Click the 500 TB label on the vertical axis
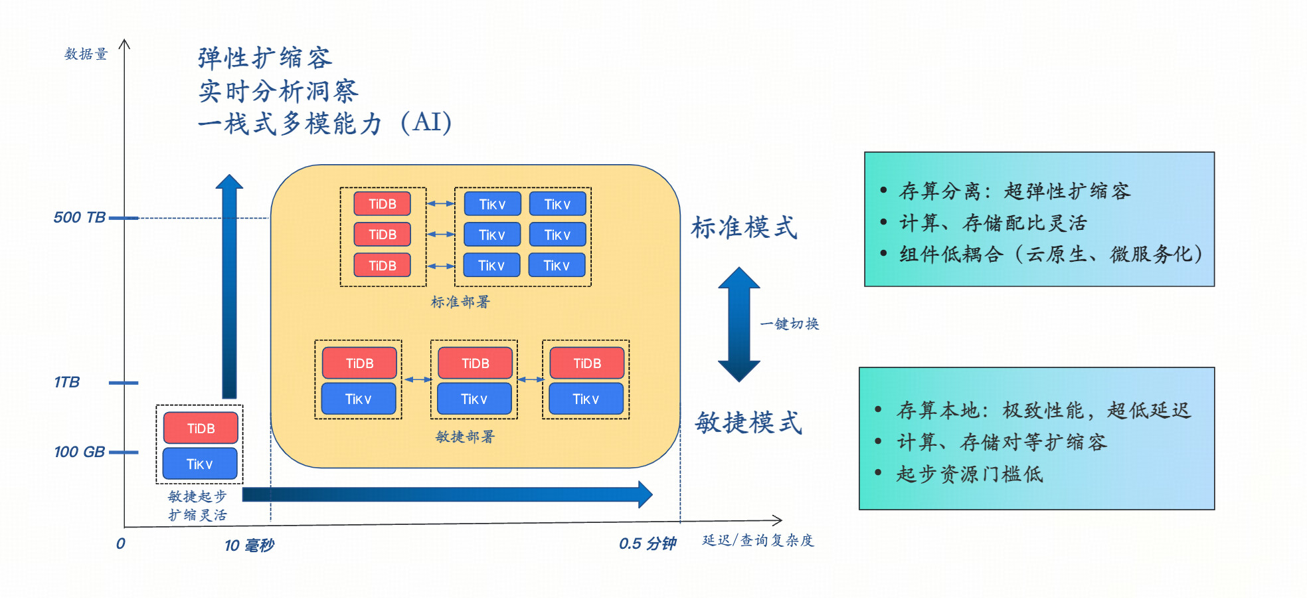[79, 217]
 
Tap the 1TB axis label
[66, 382]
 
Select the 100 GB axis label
[79, 452]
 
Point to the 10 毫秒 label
[249, 546]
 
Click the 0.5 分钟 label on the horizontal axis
[648, 544]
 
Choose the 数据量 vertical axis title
[86, 54]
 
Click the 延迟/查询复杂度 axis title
[758, 540]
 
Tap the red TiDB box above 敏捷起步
[201, 428]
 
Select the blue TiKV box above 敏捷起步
[200, 464]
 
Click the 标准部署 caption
[460, 302]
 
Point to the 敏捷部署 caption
[465, 437]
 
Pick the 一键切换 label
[790, 324]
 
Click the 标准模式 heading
[744, 227]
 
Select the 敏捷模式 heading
[748, 422]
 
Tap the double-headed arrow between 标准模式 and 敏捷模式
[739, 324]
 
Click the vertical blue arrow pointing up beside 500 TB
[229, 286]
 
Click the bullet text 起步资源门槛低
[970, 474]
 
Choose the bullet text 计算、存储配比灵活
[993, 223]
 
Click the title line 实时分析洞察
[278, 91]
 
